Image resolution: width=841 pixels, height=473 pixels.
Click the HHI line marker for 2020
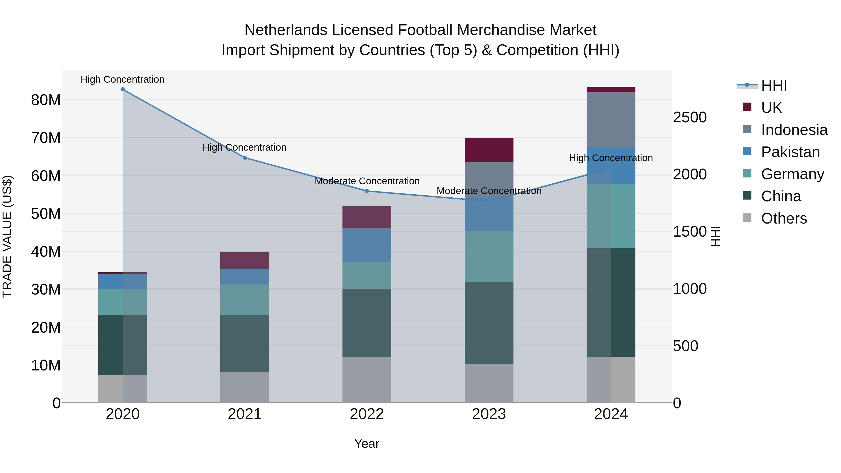pos(123,89)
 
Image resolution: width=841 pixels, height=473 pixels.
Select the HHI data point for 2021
pos(245,158)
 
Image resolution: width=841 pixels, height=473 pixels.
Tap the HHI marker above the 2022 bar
pos(367,191)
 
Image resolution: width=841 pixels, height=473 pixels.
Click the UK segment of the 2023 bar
pos(489,150)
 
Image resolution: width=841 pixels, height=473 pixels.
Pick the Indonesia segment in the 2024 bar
pos(611,119)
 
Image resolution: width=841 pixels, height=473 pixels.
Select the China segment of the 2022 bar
pos(367,323)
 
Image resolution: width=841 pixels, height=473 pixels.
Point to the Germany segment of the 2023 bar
pos(489,256)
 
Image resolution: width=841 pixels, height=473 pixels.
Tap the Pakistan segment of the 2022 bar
pos(367,245)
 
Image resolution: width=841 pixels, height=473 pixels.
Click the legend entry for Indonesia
pos(794,130)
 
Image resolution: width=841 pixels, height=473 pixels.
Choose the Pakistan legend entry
pos(790,152)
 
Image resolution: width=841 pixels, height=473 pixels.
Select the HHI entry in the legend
pos(774,85)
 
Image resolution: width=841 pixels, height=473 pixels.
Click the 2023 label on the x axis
pos(489,414)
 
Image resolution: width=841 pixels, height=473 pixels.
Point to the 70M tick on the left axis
pos(46,138)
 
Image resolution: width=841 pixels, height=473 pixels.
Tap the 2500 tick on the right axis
pos(690,117)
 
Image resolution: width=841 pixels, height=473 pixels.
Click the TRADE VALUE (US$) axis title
pos(7,236)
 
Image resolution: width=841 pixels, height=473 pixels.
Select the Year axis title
pos(367,444)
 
